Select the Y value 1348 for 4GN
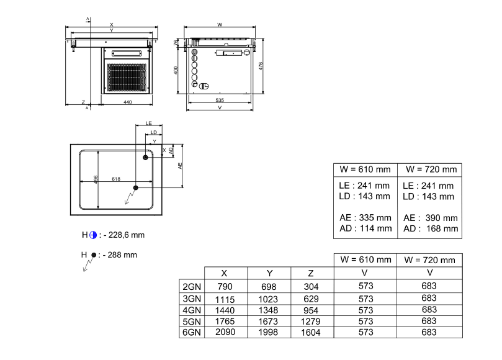(x=269, y=310)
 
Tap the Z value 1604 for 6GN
(x=312, y=333)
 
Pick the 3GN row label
(x=191, y=299)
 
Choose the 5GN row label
(x=191, y=322)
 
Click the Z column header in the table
(x=312, y=274)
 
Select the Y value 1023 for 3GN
(x=269, y=299)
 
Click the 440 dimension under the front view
(x=127, y=101)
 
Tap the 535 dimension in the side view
(x=220, y=99)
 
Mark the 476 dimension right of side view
(x=261, y=66)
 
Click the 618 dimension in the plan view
(x=116, y=179)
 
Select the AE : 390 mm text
(x=430, y=218)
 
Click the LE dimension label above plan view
(x=149, y=124)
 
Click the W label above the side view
(x=220, y=25)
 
